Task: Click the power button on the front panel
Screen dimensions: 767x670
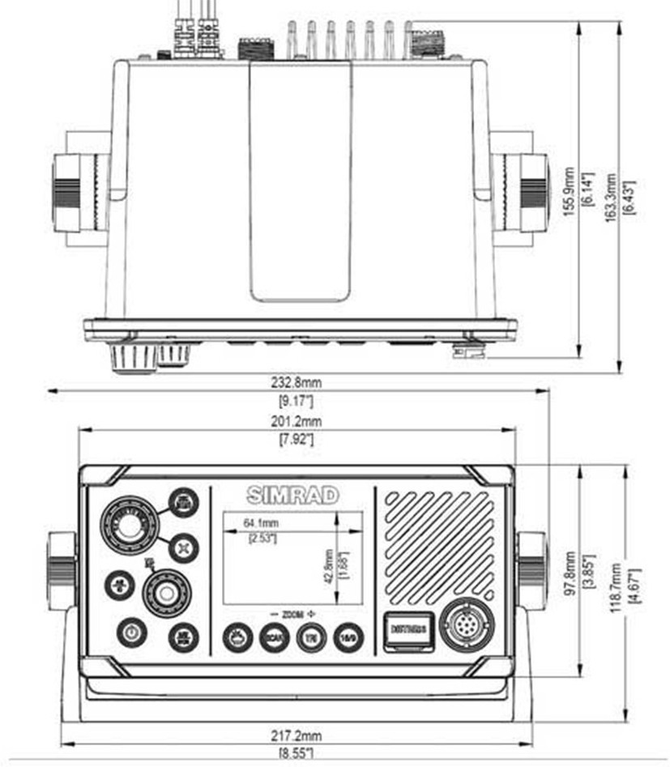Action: coord(131,632)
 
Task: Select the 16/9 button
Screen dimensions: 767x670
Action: coord(347,637)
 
